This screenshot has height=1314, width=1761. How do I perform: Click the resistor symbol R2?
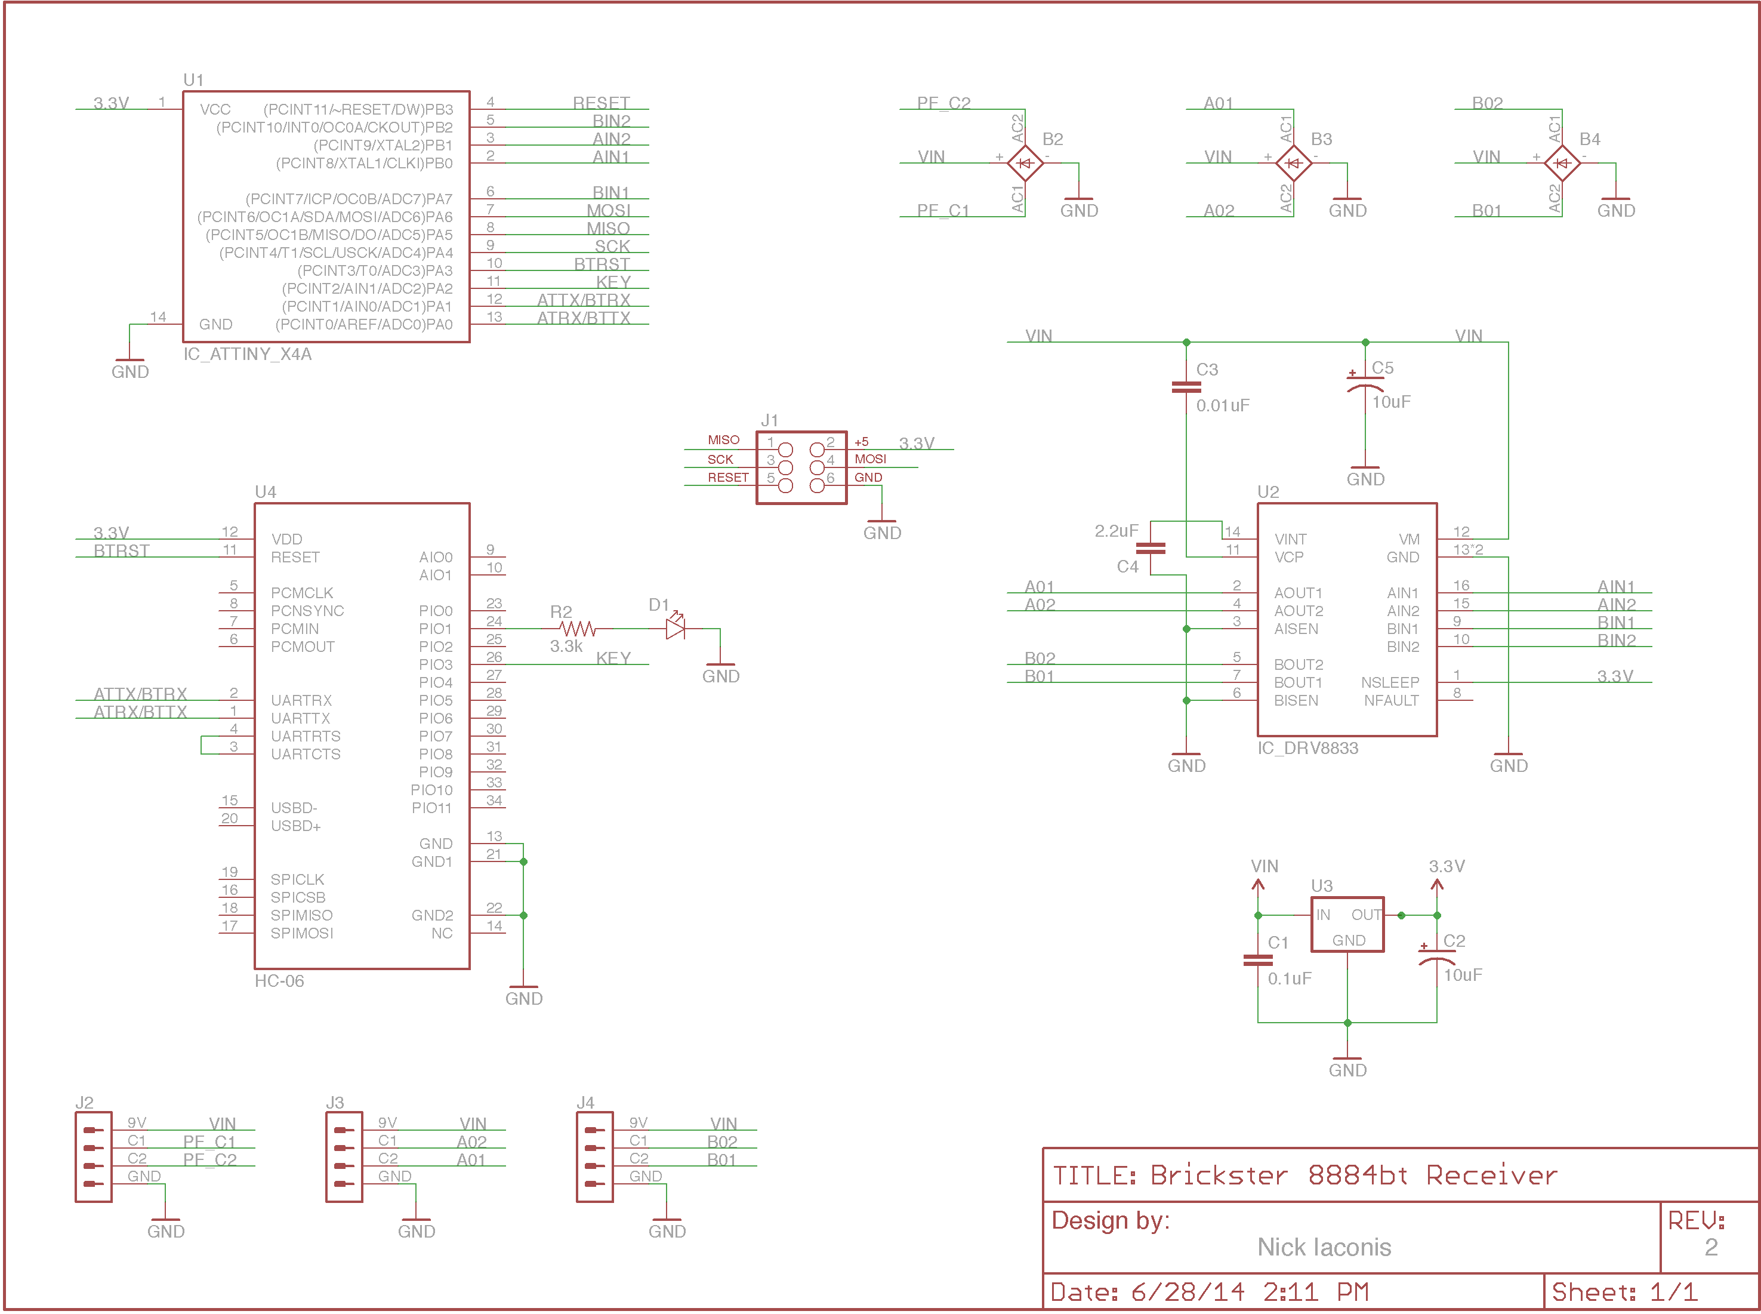point(577,629)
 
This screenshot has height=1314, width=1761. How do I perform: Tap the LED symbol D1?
point(676,627)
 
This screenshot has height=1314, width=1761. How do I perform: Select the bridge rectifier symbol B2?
point(1025,163)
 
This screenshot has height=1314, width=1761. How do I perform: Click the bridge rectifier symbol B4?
point(1562,163)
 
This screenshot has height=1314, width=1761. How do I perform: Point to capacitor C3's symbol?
point(1186,387)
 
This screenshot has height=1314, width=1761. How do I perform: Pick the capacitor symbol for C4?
point(1151,548)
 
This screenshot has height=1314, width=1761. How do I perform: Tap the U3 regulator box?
point(1347,924)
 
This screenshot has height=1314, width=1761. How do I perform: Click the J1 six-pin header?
point(801,467)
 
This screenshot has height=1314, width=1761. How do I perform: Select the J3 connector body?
point(344,1156)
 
